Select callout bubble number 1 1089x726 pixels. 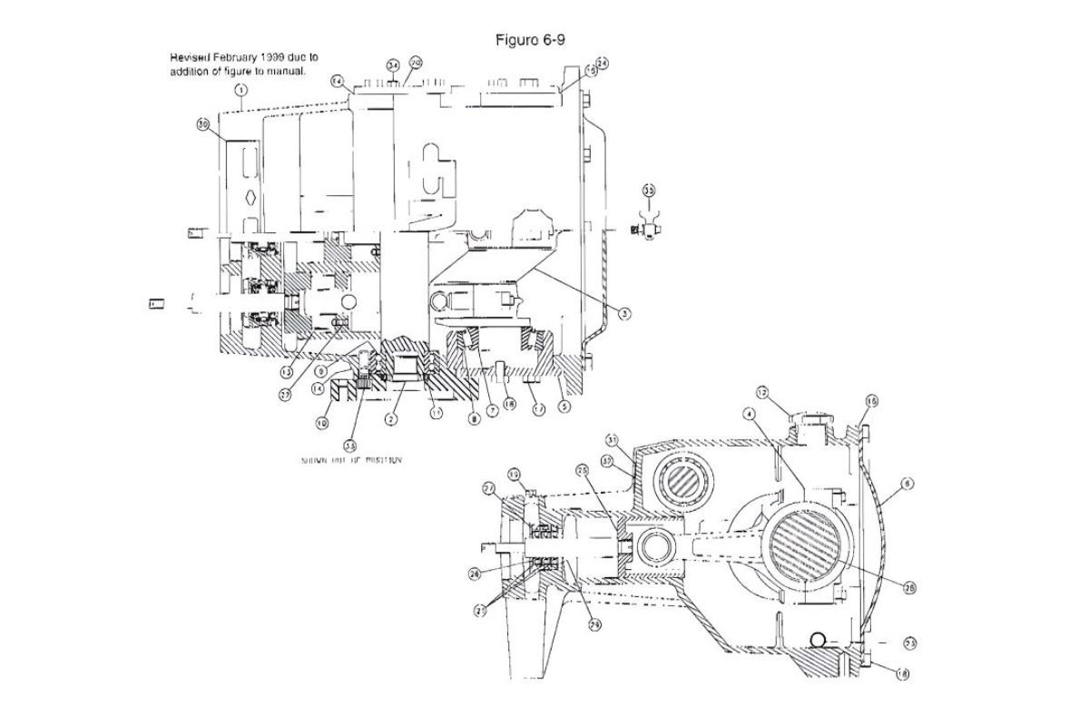click(x=241, y=89)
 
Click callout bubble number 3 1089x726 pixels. click(x=624, y=313)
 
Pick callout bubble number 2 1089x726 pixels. click(x=390, y=418)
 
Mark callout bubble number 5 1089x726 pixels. click(x=564, y=407)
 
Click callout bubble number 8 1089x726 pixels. click(x=474, y=418)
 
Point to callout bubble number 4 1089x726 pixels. click(x=749, y=414)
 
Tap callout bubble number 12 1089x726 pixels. click(x=762, y=393)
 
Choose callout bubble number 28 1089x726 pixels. click(x=907, y=587)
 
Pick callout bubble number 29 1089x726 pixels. click(x=594, y=623)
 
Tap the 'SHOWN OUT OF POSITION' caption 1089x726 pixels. click(x=352, y=460)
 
